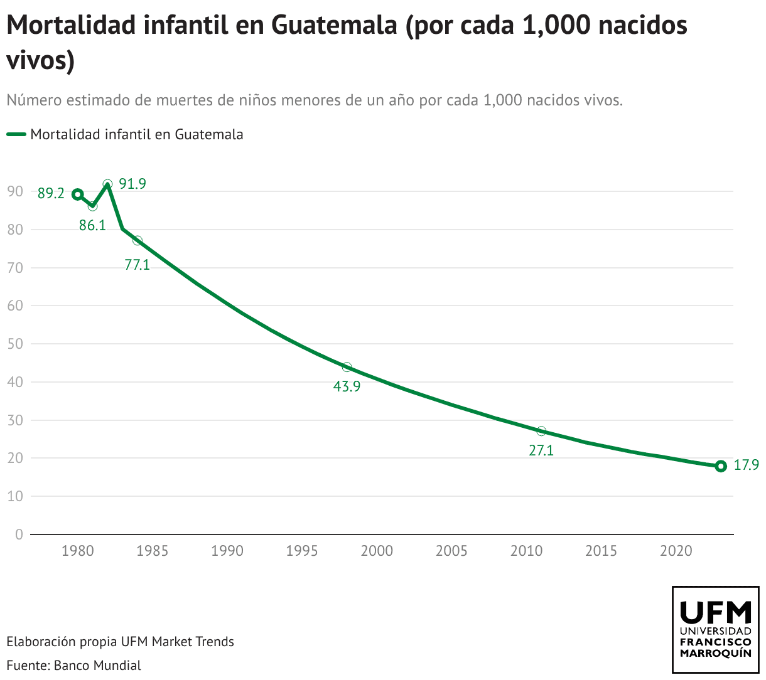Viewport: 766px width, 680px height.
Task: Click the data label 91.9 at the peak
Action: (132, 184)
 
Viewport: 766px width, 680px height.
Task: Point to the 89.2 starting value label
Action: (51, 193)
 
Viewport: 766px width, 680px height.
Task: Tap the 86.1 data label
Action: (92, 225)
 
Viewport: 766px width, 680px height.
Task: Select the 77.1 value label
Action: (137, 265)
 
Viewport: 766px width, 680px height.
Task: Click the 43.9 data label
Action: (347, 386)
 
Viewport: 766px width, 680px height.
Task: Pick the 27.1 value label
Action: (541, 450)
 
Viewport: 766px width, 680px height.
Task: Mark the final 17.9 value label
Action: (747, 465)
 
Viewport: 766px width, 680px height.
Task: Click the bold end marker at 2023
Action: (721, 466)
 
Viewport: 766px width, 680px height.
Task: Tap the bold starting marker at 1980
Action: (77, 194)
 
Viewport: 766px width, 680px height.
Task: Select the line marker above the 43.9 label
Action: (347, 367)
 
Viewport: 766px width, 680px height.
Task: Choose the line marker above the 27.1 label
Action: (541, 431)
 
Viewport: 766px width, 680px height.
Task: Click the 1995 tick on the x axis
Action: (302, 551)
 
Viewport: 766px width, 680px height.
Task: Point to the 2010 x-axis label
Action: (526, 551)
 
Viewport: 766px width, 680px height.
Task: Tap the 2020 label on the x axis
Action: (676, 551)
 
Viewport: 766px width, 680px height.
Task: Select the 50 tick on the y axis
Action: (15, 344)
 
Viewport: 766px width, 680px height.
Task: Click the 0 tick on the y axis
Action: (19, 534)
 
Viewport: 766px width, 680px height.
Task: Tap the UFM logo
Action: (715, 630)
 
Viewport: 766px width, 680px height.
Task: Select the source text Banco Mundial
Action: (97, 665)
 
